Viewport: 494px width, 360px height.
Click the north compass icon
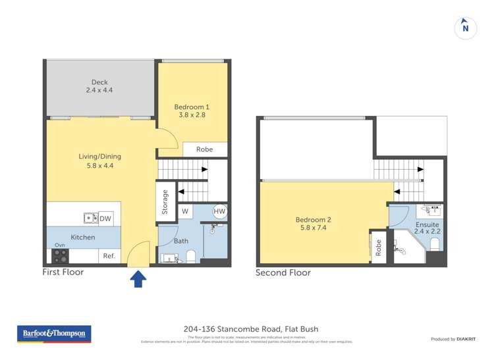(x=466, y=27)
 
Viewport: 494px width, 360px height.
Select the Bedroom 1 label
(x=192, y=111)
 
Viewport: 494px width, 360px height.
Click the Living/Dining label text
(x=99, y=161)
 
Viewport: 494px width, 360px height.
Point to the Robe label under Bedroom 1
(x=204, y=149)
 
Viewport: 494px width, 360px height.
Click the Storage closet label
(x=165, y=203)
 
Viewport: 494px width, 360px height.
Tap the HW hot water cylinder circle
(x=219, y=211)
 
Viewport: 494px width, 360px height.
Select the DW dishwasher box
(x=105, y=219)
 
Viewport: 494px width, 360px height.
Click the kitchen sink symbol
(x=90, y=219)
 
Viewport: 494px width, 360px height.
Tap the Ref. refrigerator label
(x=108, y=256)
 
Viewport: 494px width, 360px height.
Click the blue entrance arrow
(x=138, y=279)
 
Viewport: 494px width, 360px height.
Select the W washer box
(x=184, y=211)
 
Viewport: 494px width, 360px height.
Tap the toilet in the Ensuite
(x=434, y=245)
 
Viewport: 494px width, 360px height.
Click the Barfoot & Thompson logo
(x=53, y=334)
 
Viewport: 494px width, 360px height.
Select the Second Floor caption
(x=283, y=272)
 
